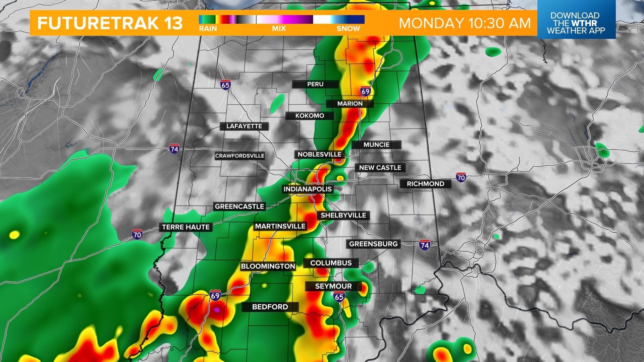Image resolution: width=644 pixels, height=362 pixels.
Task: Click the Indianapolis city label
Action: [x=307, y=189]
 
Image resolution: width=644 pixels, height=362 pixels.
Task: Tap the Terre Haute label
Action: [x=185, y=227]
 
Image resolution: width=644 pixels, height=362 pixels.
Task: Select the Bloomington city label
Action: [x=268, y=266]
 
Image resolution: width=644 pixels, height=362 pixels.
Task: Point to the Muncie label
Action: [x=376, y=145]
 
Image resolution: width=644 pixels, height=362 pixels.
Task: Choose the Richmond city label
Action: [x=425, y=184]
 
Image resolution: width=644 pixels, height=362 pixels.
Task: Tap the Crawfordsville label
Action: [x=239, y=156]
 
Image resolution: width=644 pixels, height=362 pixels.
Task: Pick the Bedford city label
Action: [x=270, y=307]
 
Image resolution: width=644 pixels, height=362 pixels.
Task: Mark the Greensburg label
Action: [x=373, y=244]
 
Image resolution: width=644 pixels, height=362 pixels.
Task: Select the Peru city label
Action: [x=315, y=84]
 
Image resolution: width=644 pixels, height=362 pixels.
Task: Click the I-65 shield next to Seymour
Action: [x=339, y=296]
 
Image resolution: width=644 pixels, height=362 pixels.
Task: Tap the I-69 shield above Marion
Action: [x=365, y=92]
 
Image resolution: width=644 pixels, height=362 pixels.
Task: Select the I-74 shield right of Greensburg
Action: [x=424, y=245]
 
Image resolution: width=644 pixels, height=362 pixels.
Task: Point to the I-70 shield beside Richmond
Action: [x=461, y=177]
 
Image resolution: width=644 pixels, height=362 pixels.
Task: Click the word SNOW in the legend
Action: [x=348, y=28]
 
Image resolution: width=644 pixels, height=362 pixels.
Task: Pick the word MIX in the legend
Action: [x=279, y=28]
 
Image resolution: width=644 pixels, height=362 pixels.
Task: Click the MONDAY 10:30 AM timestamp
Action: [x=465, y=23]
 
